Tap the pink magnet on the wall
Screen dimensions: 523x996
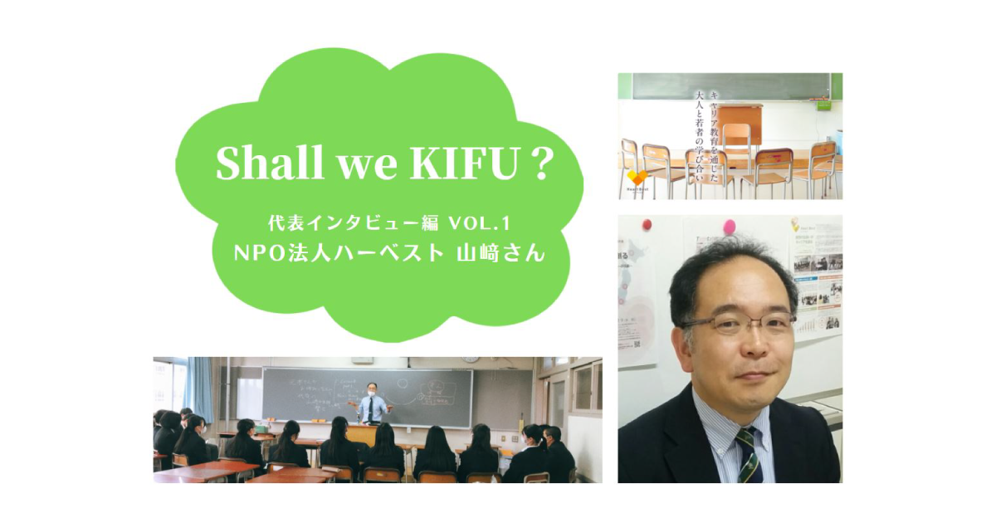(730, 227)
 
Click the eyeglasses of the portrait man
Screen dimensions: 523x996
(735, 324)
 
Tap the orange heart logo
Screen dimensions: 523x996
(637, 178)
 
